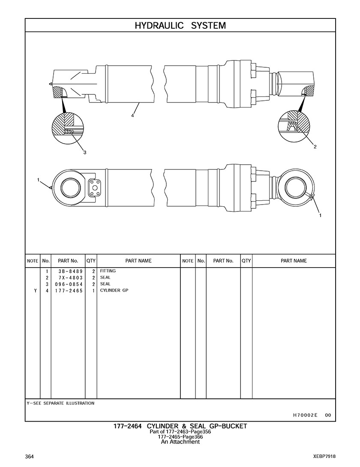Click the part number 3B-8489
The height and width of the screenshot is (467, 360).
67,271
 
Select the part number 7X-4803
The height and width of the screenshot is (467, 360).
67,278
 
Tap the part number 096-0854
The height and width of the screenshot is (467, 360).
67,284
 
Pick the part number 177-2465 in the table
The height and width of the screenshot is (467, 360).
67,290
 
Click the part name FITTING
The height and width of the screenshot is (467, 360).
108,271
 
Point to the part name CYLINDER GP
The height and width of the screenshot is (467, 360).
114,290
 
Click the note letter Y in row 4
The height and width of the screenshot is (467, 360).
35,290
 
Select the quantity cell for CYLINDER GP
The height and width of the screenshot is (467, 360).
93,290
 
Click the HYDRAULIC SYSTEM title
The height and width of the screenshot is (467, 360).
180,25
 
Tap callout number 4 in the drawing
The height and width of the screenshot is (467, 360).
133,116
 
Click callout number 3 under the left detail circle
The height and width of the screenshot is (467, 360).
84,152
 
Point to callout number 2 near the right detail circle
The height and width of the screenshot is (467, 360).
315,147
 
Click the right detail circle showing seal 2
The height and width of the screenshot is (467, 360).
293,124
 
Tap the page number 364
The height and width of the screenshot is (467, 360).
30,456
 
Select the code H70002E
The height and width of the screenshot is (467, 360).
305,415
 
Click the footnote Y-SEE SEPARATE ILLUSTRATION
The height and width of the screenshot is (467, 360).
60,404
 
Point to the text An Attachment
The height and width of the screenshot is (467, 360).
180,442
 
